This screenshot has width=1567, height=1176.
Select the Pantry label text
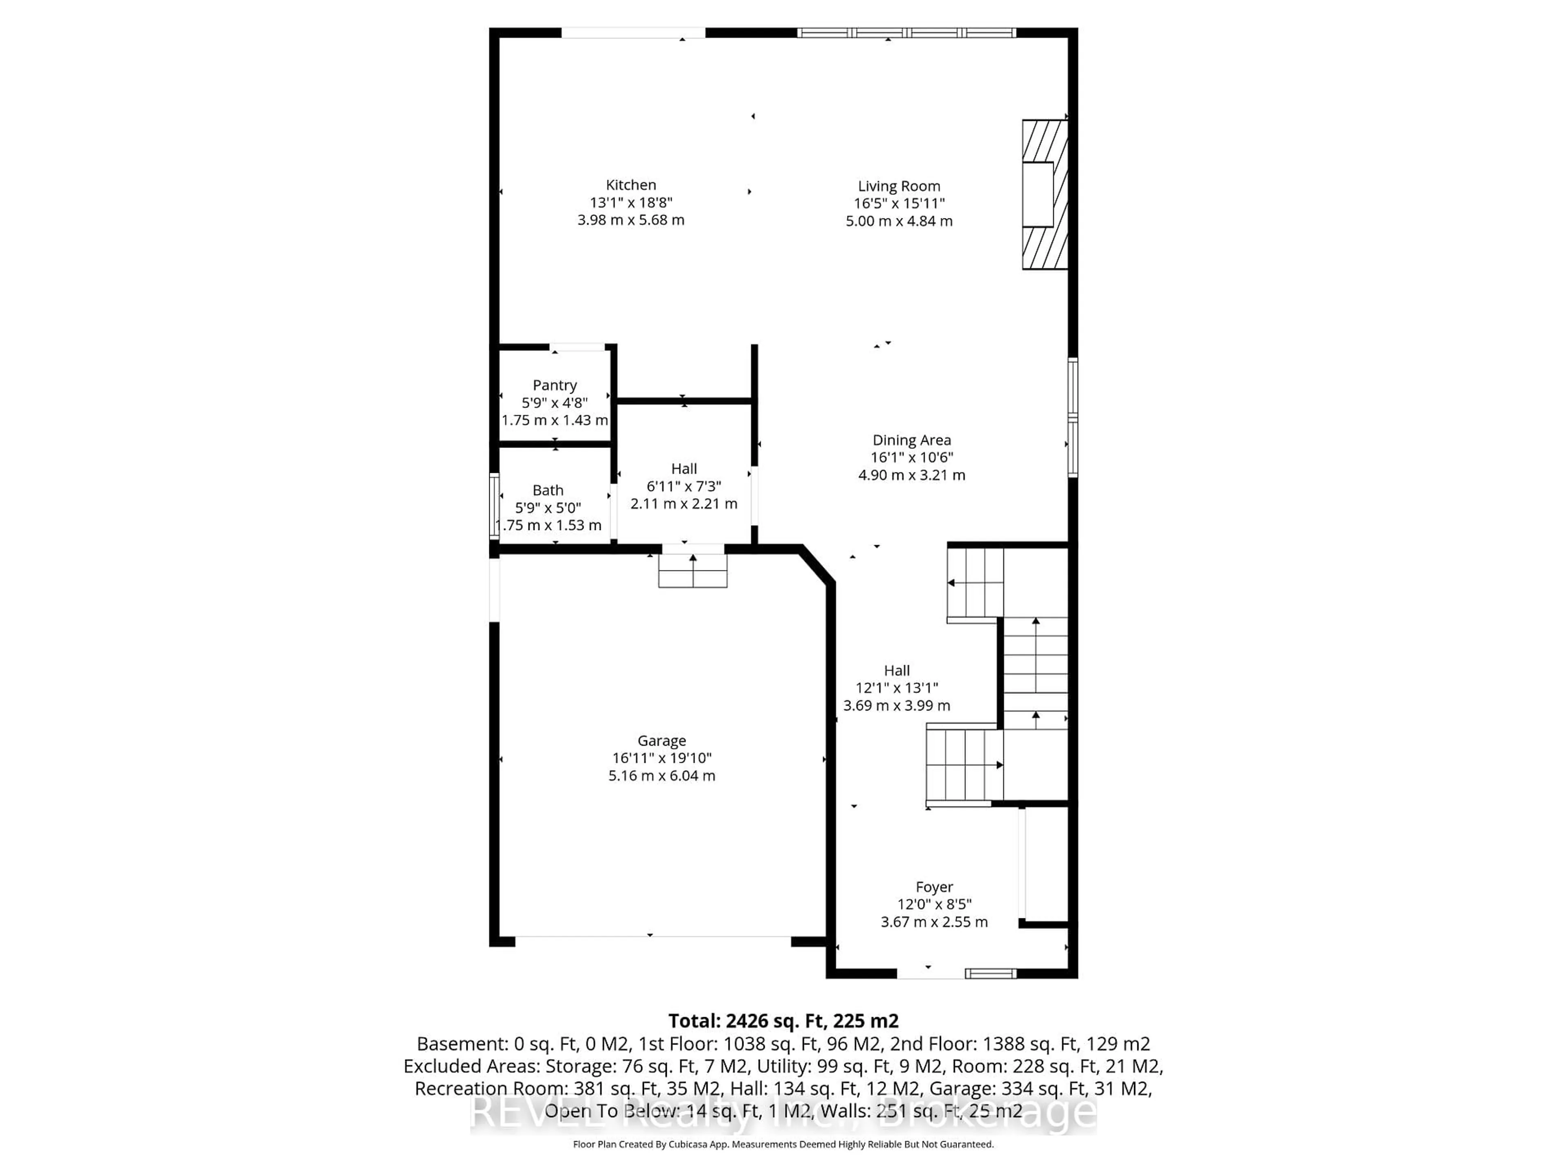pos(555,385)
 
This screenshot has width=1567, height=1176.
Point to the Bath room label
pos(548,490)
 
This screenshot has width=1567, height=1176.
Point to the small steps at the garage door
pos(693,570)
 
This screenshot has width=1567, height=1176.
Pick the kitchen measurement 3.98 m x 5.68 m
pos(630,220)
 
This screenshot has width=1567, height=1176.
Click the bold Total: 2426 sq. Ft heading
pos(783,1021)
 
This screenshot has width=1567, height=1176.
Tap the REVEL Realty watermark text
pos(783,1112)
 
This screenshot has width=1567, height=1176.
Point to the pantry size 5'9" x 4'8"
pos(555,403)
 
